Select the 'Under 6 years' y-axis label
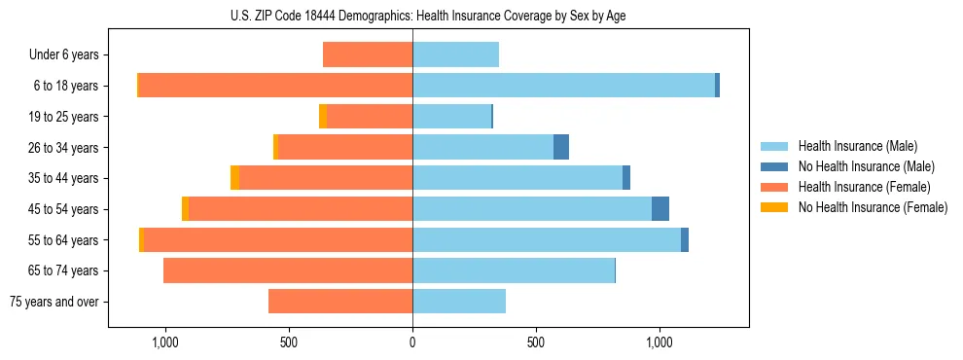[x=64, y=55]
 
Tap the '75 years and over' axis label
[x=53, y=302]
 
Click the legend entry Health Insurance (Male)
[x=857, y=146]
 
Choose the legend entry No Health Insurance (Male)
[x=866, y=166]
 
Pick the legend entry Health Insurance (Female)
[x=864, y=187]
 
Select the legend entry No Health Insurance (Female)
[x=873, y=207]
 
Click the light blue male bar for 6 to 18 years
[x=564, y=86]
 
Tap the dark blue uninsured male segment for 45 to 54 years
[x=660, y=209]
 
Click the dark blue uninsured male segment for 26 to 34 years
[x=561, y=148]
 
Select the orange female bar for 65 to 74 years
[x=288, y=270]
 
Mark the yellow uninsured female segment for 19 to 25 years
[x=323, y=117]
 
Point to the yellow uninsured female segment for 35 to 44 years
[x=234, y=178]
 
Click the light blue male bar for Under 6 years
[x=456, y=55]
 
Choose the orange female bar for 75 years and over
[x=340, y=302]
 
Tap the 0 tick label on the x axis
[x=412, y=342]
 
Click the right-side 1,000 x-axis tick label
[x=660, y=342]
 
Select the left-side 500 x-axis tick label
[x=289, y=342]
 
